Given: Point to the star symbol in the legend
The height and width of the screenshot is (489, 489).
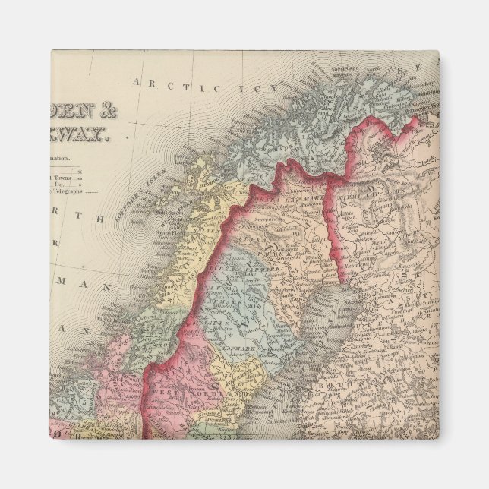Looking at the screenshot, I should [x=101, y=174].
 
